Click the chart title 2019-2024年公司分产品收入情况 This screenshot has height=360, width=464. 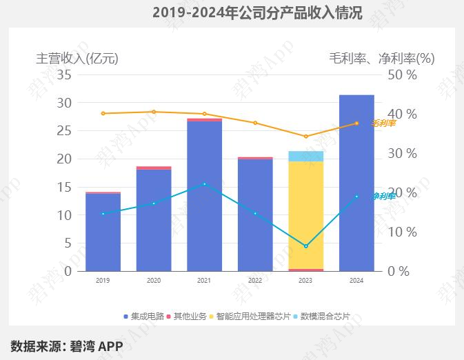tap(256, 12)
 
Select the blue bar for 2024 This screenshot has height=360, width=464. tap(356, 183)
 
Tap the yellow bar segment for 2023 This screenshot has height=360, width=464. tap(305, 214)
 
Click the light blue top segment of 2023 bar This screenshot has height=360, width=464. tap(305, 156)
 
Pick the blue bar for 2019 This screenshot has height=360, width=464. tap(103, 232)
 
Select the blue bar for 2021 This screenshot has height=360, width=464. tap(204, 196)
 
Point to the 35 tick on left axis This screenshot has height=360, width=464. tap(64, 74)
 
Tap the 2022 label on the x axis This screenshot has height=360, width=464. tap(254, 281)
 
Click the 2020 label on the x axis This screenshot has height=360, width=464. tap(154, 281)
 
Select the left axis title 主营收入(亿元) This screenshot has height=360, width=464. tap(77, 59)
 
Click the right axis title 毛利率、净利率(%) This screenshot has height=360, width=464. tap(382, 59)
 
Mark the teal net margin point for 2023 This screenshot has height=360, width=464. tap(305, 246)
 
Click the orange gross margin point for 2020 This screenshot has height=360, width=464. tap(154, 112)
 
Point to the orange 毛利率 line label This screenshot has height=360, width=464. tap(383, 123)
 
